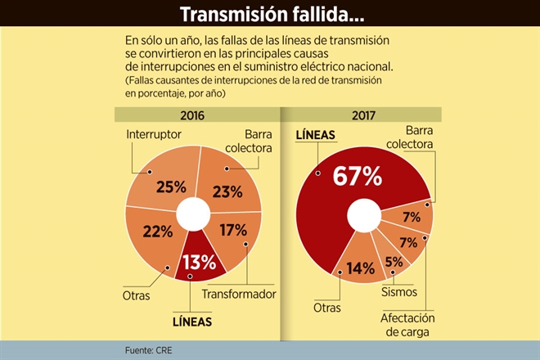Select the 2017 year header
tap(362, 115)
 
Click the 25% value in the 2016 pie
tap(171, 187)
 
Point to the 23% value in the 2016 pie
tap(227, 192)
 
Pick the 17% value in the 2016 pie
tap(233, 230)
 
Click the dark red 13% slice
tap(199, 261)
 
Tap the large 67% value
tap(357, 175)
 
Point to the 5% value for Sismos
tap(394, 263)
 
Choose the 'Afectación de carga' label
tap(407, 324)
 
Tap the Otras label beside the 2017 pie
tap(326, 308)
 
